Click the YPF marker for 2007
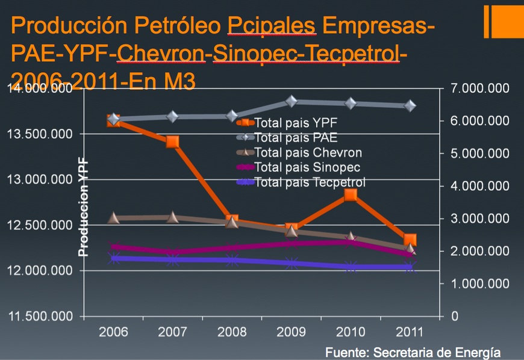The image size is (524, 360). pyautogui.click(x=173, y=141)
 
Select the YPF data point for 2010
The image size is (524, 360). pyautogui.click(x=351, y=194)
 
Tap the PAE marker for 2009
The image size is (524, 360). pyautogui.click(x=292, y=101)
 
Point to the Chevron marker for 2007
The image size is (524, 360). pyautogui.click(x=173, y=217)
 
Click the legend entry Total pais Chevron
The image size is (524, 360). pyautogui.click(x=308, y=152)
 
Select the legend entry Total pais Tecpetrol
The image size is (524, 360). pyautogui.click(x=310, y=182)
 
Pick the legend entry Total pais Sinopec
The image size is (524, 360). pyautogui.click(x=307, y=167)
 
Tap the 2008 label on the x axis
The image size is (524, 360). pyautogui.click(x=232, y=332)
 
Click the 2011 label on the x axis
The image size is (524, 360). pyautogui.click(x=410, y=332)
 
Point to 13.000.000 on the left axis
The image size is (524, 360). pyautogui.click(x=39, y=180)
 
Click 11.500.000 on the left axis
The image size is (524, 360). pyautogui.click(x=39, y=316)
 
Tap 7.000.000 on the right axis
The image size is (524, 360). pyautogui.click(x=480, y=88)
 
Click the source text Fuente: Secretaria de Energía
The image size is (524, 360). pyautogui.click(x=413, y=351)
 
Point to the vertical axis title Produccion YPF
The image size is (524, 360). pyautogui.click(x=84, y=207)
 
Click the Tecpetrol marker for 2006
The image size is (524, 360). pyautogui.click(x=113, y=258)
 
